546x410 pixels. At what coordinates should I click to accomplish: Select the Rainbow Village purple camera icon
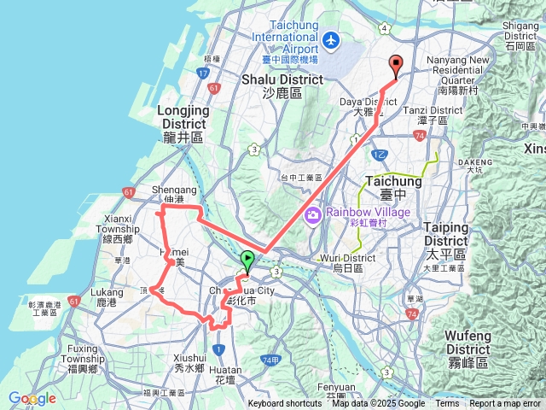click(x=313, y=213)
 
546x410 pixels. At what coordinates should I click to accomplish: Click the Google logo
click(x=32, y=398)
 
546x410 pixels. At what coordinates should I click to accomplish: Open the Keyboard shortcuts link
click(x=285, y=404)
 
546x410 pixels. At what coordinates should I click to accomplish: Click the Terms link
click(x=447, y=404)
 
